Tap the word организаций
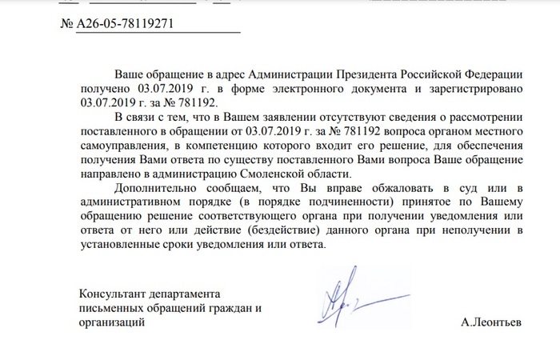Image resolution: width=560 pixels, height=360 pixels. click(x=112, y=322)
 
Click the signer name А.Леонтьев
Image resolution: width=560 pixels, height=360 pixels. click(x=490, y=323)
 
